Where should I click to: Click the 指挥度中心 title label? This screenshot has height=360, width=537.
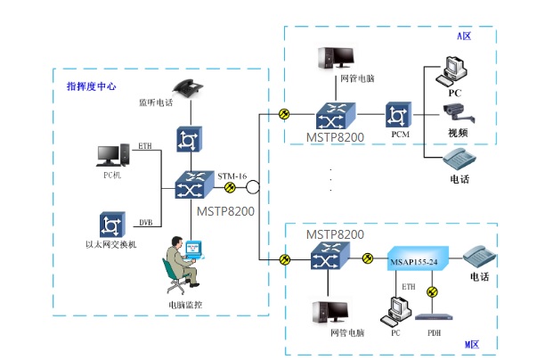click(x=92, y=86)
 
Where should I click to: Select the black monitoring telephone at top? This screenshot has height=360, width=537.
click(x=186, y=86)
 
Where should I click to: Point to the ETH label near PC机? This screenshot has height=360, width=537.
click(x=145, y=145)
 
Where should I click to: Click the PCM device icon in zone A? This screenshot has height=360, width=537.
click(x=398, y=115)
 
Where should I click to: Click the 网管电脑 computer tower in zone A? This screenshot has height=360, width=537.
click(x=337, y=57)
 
